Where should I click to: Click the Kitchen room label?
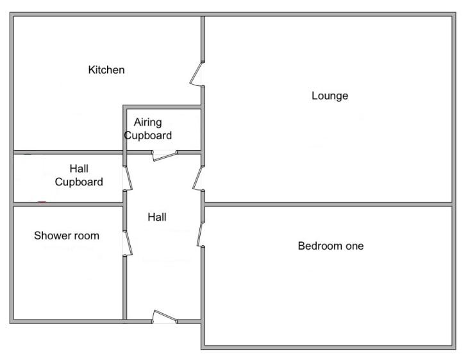click(106, 70)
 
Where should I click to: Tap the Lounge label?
click(330, 96)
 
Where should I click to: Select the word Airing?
click(147, 123)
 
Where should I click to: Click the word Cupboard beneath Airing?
click(148, 135)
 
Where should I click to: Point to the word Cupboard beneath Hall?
click(79, 182)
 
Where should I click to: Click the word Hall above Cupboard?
click(79, 169)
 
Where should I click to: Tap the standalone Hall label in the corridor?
click(157, 217)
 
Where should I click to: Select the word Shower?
click(52, 236)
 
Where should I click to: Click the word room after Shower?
click(86, 236)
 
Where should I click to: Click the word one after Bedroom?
click(355, 246)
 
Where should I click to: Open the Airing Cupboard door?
click(165, 156)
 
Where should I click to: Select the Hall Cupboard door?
click(128, 178)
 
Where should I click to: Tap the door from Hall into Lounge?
click(199, 178)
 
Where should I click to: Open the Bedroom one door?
click(200, 234)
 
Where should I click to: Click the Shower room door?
click(128, 243)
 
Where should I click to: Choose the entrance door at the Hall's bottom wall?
click(165, 316)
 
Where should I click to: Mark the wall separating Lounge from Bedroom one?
click(328, 205)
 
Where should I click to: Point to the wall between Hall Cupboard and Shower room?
click(69, 205)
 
